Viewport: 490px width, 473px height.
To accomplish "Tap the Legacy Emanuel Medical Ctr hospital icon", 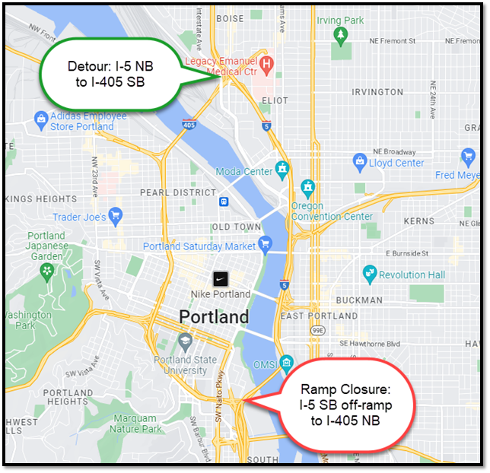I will [x=267, y=63].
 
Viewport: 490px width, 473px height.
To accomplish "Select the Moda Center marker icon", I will [x=283, y=167].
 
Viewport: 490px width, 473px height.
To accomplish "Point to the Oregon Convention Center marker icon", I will [x=307, y=187].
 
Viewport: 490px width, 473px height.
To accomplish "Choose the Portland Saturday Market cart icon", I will [x=266, y=243].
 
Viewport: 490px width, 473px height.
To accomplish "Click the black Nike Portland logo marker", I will [x=219, y=278].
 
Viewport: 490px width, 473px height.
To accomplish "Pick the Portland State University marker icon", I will [x=184, y=340].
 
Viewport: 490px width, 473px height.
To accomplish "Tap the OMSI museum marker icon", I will [x=286, y=361].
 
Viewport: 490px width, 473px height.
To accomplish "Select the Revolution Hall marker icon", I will [x=370, y=272].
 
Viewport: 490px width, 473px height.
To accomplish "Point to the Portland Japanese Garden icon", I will [x=47, y=270].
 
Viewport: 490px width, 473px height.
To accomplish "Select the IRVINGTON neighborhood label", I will [x=377, y=92].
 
